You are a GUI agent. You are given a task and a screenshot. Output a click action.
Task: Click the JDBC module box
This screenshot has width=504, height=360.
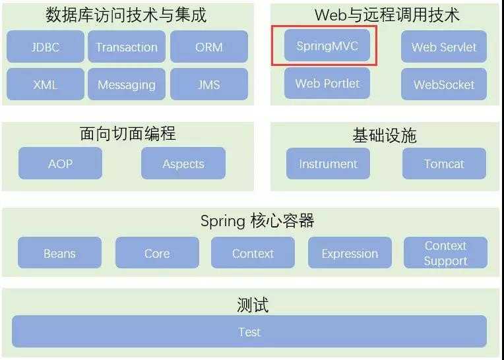coord(46,47)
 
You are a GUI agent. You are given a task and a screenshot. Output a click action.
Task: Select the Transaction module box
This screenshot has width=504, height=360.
coord(127,47)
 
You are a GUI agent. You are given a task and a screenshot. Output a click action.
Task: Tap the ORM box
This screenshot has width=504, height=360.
coord(209,47)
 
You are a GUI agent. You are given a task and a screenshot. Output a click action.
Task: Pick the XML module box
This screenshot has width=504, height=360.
coord(46,84)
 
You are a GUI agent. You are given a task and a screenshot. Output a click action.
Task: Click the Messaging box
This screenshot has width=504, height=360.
coord(127,84)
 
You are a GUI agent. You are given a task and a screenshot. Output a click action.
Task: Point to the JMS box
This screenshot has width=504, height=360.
coord(209,84)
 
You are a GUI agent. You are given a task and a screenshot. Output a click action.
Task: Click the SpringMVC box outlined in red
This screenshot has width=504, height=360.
coord(327,45)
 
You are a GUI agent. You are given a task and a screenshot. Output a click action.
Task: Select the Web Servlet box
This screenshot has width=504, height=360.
coord(444,47)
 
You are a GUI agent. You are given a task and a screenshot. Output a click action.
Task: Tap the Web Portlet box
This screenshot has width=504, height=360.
coord(327,83)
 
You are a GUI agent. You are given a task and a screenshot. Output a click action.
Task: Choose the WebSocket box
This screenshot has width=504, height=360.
coord(444,84)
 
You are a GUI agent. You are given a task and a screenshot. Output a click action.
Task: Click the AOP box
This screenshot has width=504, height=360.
coord(61,163)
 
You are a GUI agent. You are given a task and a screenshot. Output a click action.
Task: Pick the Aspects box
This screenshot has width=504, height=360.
coord(183,163)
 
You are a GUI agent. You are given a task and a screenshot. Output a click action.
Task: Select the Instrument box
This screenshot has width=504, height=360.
coord(328,164)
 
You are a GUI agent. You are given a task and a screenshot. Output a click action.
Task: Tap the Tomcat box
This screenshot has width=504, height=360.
coord(444,164)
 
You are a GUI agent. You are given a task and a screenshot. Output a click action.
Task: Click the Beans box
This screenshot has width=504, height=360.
coord(60,253)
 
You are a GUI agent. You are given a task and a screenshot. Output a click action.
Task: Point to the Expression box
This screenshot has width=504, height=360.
coord(350,253)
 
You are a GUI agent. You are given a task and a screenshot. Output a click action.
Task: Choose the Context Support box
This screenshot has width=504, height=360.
coord(445,253)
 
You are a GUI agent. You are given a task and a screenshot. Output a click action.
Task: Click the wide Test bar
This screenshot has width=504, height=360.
coord(249,332)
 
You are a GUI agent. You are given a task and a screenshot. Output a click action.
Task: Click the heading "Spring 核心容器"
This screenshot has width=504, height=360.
coord(257,221)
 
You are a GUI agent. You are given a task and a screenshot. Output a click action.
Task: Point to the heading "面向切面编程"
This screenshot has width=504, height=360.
coord(128,134)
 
